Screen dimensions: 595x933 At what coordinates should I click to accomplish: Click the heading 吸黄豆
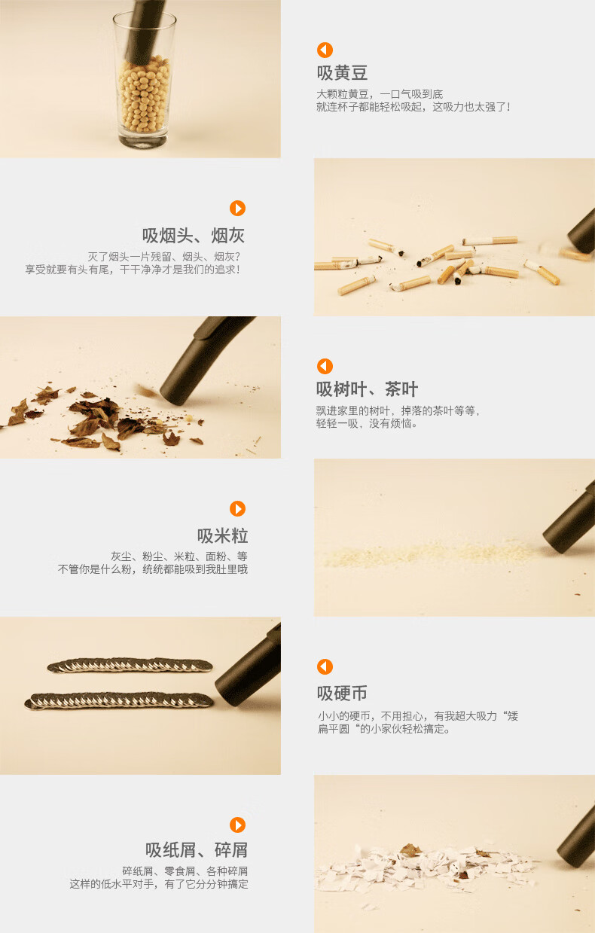[x=342, y=73]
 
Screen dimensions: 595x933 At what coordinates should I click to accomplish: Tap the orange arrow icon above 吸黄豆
[x=325, y=50]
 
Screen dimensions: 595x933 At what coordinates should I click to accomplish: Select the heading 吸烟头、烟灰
[x=194, y=236]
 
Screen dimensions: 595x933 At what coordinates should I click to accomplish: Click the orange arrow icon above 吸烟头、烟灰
[x=237, y=209]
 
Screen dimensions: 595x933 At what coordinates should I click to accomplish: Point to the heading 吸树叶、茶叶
[x=367, y=389]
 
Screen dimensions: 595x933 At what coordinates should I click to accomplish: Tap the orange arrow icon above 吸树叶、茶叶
[x=325, y=366]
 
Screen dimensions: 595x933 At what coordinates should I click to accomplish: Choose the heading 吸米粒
[x=222, y=535]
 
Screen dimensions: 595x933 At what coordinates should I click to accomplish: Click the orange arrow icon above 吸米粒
[x=237, y=508]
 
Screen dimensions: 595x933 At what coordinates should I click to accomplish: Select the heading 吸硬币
[x=342, y=693]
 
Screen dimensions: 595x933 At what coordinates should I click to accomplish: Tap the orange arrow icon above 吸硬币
[x=325, y=666]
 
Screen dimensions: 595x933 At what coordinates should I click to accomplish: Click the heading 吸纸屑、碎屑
[x=197, y=850]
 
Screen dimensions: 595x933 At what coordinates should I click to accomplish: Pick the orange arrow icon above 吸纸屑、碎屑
[x=237, y=825]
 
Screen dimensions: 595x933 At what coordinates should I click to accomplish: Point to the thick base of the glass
[x=143, y=140]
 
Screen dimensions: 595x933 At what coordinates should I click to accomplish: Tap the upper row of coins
[x=130, y=665]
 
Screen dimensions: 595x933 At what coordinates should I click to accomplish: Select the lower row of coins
[x=119, y=700]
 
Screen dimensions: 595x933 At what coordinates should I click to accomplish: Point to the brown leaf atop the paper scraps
[x=410, y=849]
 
